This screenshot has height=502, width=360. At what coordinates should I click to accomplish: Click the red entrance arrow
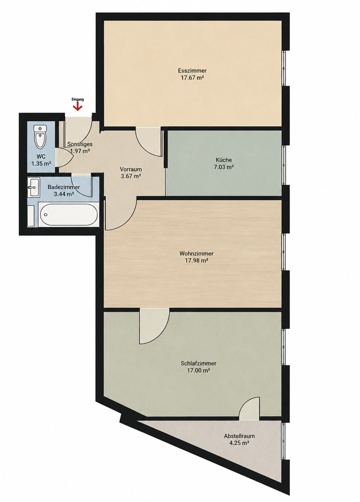point(77,107)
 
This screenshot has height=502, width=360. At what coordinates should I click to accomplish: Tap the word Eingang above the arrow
point(77,99)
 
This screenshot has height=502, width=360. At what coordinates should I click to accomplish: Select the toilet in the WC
point(40,136)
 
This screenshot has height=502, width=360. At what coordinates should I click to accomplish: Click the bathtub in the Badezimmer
point(69,214)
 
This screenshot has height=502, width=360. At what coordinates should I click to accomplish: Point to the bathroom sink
point(33,187)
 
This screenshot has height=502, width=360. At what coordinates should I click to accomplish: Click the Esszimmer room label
point(192,71)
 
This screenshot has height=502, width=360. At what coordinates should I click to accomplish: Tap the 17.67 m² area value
point(193,77)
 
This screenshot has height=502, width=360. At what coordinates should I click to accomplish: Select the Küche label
point(223,160)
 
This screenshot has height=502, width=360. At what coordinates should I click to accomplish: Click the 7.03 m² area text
point(223,167)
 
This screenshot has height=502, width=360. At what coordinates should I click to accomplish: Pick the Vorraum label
point(131,169)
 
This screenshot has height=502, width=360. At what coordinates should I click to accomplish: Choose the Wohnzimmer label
point(196,254)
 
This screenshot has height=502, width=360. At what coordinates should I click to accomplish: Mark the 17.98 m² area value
point(196,260)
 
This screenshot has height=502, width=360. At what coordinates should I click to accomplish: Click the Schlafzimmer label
point(199,363)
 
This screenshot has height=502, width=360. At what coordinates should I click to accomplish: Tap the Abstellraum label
point(239,436)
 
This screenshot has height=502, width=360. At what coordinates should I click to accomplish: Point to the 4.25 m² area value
point(239,443)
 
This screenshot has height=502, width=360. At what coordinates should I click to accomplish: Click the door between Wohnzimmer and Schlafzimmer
point(154,326)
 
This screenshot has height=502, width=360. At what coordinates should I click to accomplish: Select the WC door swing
point(63,157)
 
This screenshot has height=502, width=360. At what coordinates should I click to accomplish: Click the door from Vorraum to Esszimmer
point(148,142)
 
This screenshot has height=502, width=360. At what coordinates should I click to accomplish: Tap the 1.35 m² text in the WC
point(41,164)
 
